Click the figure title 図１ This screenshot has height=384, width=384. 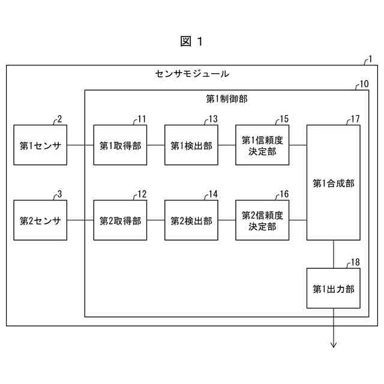pos(191,41)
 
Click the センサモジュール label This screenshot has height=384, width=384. pos(191,74)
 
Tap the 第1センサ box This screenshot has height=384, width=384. pos(41,145)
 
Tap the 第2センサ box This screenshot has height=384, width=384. pos(41,221)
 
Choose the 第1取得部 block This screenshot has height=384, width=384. pos(120,145)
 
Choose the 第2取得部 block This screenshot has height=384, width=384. pos(120,221)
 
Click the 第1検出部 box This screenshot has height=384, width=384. pos(191,145)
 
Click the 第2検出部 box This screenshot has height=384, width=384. pos(191,221)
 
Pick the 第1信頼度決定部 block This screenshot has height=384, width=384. pos(262,145)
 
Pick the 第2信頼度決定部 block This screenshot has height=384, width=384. pos(262,221)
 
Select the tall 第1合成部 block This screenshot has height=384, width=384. pos(334,182)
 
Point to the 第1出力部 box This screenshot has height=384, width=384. pos(334,289)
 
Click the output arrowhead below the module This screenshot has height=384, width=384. pos(334,344)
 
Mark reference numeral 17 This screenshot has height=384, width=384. pos(355,119)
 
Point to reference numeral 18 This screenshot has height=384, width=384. pos(355,262)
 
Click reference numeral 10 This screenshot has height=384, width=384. pos(364,84)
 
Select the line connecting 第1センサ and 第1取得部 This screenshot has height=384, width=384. pos(80,145)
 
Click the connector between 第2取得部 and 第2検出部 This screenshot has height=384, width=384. pos(155,221)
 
